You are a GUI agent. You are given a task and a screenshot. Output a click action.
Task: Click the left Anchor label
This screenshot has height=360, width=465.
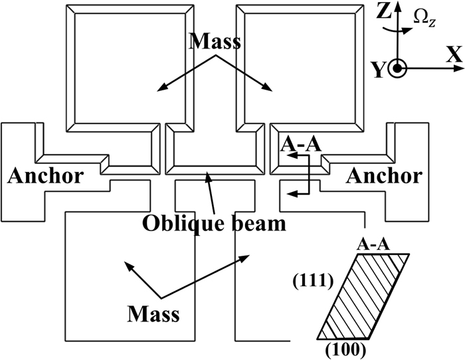tap(45, 176)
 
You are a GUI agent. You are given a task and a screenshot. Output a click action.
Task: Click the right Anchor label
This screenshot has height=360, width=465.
tap(385, 176)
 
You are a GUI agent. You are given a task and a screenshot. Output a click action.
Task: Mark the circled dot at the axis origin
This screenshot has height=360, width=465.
tap(397, 68)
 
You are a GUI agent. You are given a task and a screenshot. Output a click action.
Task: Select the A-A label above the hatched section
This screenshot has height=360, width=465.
tap(373, 244)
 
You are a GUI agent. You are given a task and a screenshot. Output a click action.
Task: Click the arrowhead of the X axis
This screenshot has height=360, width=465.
tap(441, 68)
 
